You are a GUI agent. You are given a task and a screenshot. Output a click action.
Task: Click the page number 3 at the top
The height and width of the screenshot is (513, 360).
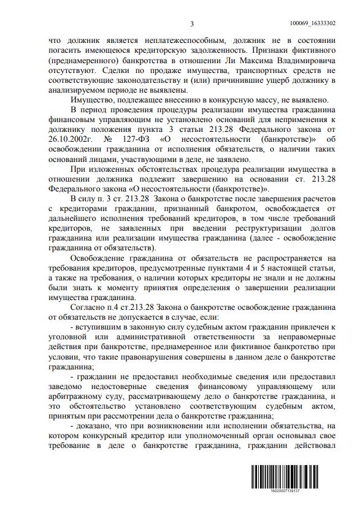[x=192, y=24]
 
